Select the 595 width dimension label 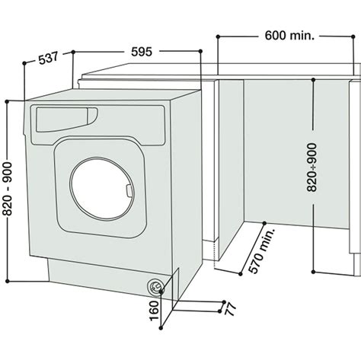click(142, 52)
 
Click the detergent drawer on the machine click(65, 117)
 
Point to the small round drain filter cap click(155, 286)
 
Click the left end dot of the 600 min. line click(217, 35)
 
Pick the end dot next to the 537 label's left click(24, 64)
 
